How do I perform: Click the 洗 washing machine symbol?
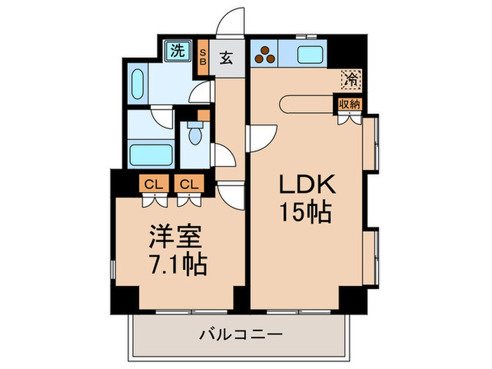point(178,51)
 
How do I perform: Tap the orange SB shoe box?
point(203,57)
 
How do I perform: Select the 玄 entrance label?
point(226,58)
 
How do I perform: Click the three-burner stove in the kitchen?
point(265,54)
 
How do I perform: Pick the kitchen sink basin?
point(310,54)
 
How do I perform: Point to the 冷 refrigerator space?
point(351,79)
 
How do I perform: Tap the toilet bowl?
point(195,134)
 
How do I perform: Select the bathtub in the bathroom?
point(151,155)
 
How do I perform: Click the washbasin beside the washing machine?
point(137,84)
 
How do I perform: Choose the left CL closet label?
point(154,184)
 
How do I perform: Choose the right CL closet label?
point(189,184)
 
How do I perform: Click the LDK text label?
point(307,184)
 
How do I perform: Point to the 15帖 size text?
point(305,212)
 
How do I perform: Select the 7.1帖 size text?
point(178,264)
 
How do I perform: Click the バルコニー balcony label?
point(240,335)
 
